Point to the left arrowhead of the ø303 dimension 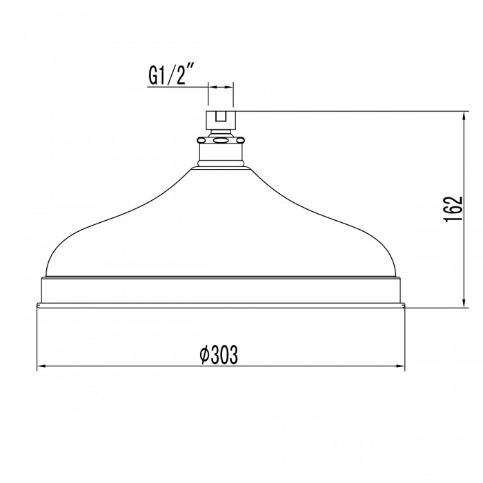41,366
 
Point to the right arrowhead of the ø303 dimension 401,366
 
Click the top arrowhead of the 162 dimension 462,115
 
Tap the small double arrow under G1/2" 221,88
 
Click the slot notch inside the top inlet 221,117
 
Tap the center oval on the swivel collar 221,141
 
